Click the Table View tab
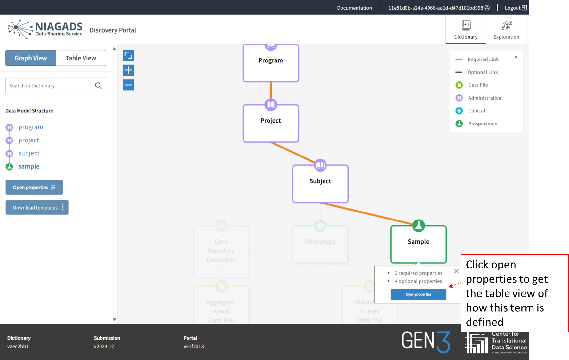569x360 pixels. pos(81,58)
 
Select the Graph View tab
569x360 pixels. pos(31,58)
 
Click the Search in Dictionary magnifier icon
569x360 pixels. pos(98,85)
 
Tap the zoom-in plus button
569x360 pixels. pos(128,70)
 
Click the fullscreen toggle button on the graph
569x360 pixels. pos(128,56)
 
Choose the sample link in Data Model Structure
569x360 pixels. pos(29,166)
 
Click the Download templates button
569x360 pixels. pos(37,207)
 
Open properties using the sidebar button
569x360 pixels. pos(34,188)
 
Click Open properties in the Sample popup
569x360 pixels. pos(418,294)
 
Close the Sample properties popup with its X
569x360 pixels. pos(456,271)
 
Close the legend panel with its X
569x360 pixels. pos(516,57)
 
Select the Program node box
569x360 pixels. pos(271,63)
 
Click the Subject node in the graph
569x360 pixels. pos(320,184)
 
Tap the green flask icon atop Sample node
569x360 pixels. pos(418,226)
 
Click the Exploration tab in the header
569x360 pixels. pos(506,30)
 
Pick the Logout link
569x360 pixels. pos(516,8)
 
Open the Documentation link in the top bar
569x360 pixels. pos(354,8)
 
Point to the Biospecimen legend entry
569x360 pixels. pos(482,124)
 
